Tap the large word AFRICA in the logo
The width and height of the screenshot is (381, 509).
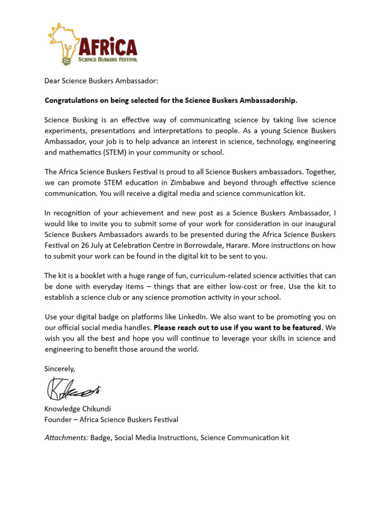point(107,47)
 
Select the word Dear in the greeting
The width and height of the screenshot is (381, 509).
point(52,81)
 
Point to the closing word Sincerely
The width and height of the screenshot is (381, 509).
point(60,368)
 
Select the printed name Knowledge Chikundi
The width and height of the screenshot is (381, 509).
point(78,409)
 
